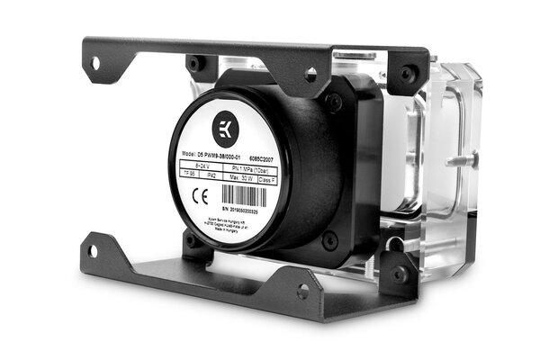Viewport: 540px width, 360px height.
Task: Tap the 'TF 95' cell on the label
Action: coord(189,179)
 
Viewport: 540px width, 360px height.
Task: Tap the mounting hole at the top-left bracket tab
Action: coord(94,62)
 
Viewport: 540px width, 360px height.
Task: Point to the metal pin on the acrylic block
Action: coord(467,158)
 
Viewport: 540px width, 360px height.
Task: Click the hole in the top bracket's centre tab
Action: coord(310,74)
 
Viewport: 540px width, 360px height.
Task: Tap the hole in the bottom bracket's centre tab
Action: coord(302,291)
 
